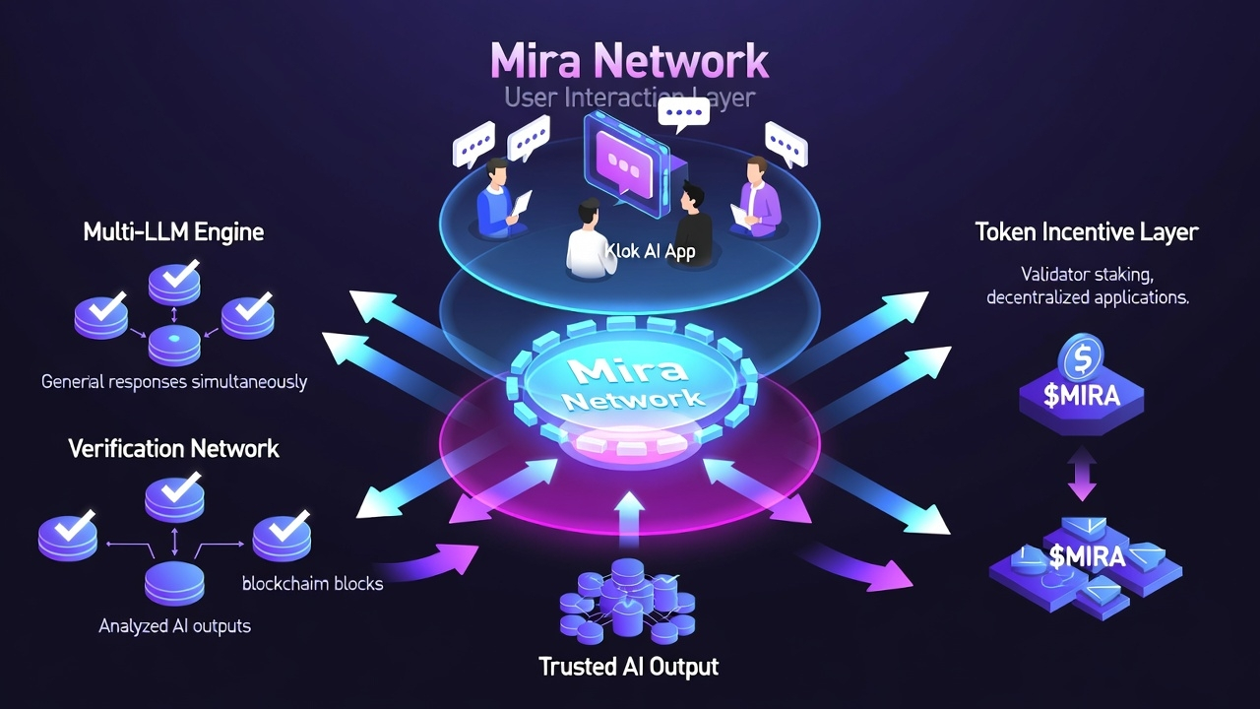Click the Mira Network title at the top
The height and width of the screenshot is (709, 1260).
(x=630, y=61)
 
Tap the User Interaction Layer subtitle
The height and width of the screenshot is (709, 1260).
(x=630, y=98)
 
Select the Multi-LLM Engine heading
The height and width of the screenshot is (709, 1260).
(x=173, y=232)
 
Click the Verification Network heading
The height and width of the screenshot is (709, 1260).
(x=173, y=449)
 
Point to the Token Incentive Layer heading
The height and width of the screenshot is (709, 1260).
(x=1087, y=232)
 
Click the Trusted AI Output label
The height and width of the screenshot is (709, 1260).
(x=629, y=667)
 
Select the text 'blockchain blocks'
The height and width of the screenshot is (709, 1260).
(x=312, y=583)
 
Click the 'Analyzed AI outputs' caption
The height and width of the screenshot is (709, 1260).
(x=175, y=626)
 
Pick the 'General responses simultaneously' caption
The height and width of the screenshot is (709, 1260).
(x=174, y=382)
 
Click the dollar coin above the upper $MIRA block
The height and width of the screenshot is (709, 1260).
(x=1083, y=358)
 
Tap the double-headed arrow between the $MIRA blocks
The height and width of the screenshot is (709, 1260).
(x=1083, y=476)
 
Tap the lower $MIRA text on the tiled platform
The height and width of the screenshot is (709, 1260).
(x=1087, y=557)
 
